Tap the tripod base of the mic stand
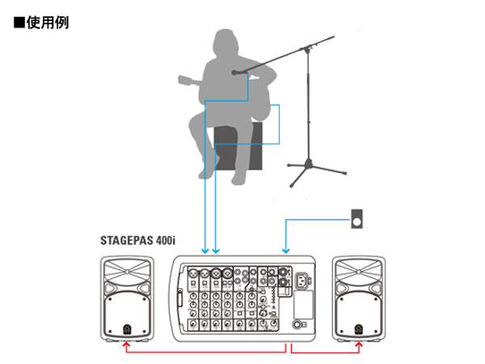[311, 171]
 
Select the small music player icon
[358, 218]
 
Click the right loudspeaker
[359, 297]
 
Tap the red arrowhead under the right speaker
[359, 343]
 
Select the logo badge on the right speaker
[359, 329]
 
